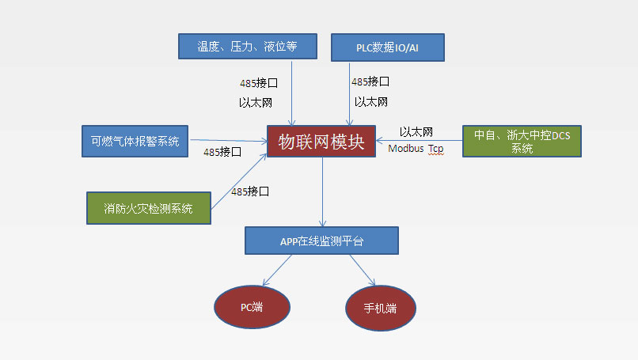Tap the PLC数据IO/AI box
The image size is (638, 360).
point(388,47)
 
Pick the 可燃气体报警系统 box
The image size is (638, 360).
point(135,141)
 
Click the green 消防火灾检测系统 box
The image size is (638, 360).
point(150,208)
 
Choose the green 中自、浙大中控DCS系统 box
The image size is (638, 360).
point(522,141)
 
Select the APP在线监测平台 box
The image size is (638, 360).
point(321,241)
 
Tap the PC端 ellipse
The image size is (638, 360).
point(252,305)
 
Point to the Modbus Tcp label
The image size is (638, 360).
point(416,149)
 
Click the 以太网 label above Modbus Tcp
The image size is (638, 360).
point(416,132)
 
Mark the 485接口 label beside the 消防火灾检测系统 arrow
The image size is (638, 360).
point(250,191)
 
